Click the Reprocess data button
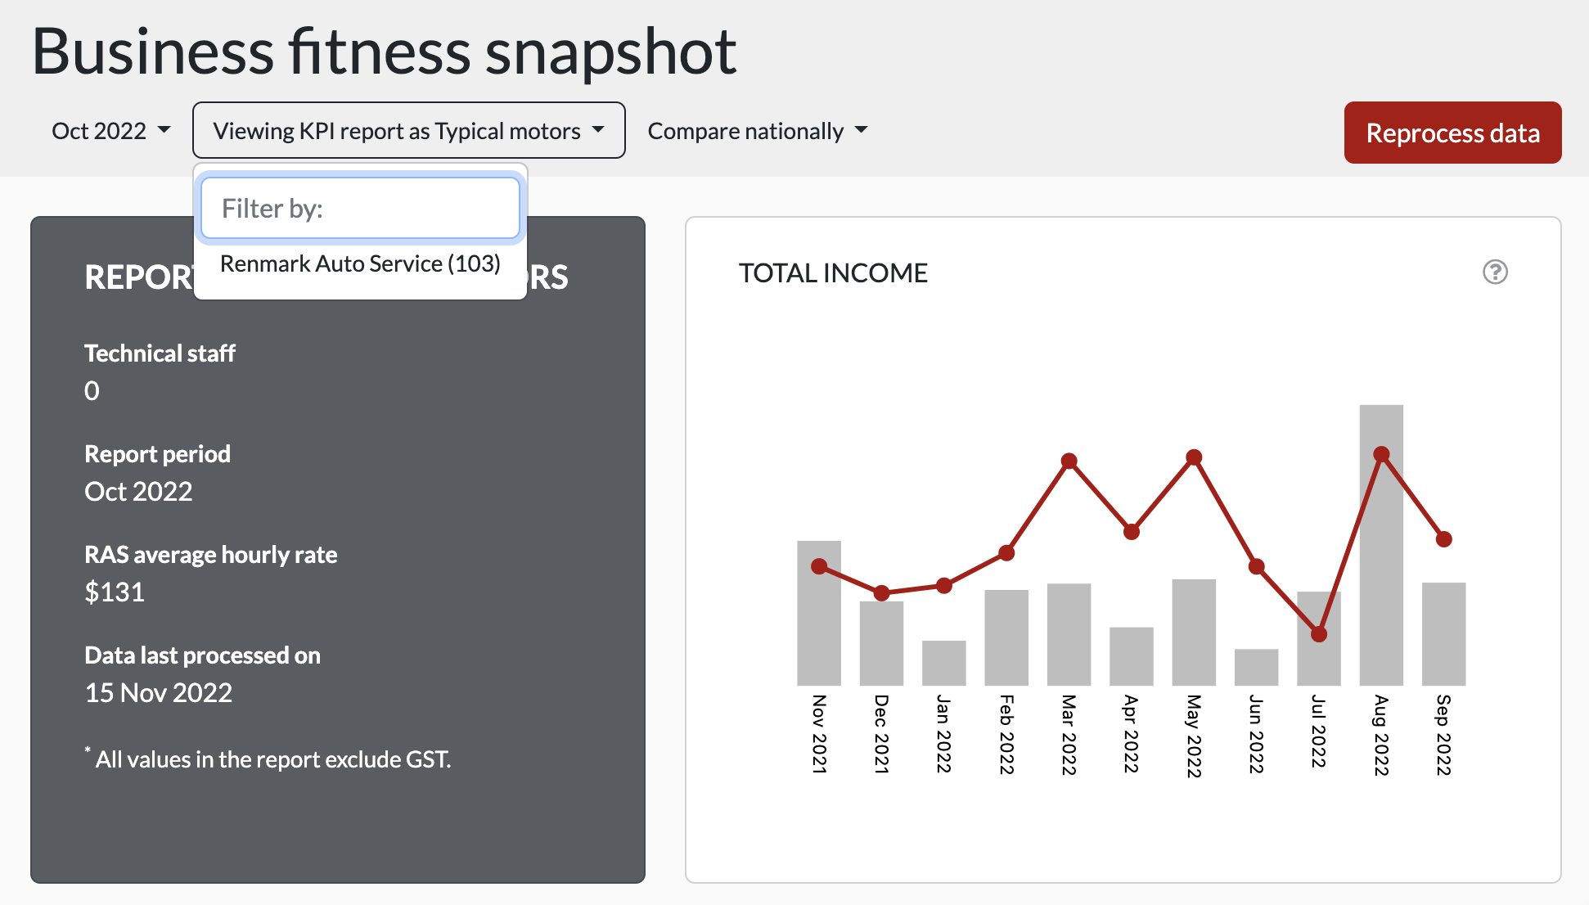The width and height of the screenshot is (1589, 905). pyautogui.click(x=1452, y=133)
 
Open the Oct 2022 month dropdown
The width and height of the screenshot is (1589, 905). pyautogui.click(x=110, y=131)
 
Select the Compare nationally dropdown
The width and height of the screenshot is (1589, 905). pyautogui.click(x=757, y=131)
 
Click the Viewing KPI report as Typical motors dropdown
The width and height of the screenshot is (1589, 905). pyautogui.click(x=408, y=131)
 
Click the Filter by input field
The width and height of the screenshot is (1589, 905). pyautogui.click(x=360, y=209)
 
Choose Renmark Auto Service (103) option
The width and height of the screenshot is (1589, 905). pyautogui.click(x=360, y=263)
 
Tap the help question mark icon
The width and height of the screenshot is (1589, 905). pyautogui.click(x=1495, y=272)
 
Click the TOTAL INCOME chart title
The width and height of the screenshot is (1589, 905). pyautogui.click(x=833, y=273)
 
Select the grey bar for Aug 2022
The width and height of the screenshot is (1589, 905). pyautogui.click(x=1381, y=573)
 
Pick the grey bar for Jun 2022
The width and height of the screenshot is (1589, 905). pyautogui.click(x=1256, y=667)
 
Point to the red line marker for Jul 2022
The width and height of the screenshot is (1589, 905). pyautogui.click(x=1319, y=634)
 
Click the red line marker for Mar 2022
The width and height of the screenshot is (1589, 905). pyautogui.click(x=1069, y=462)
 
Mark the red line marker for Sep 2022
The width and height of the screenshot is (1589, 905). pyautogui.click(x=1444, y=539)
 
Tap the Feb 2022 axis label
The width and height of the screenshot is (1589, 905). pyautogui.click(x=1006, y=734)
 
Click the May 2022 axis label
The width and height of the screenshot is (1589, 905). pyautogui.click(x=1194, y=736)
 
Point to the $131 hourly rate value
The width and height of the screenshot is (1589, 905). pyautogui.click(x=115, y=592)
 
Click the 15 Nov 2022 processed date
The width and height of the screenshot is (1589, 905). pyautogui.click(x=159, y=693)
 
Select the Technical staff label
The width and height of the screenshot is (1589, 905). pyautogui.click(x=160, y=353)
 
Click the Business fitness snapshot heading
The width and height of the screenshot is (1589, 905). pyautogui.click(x=384, y=52)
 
